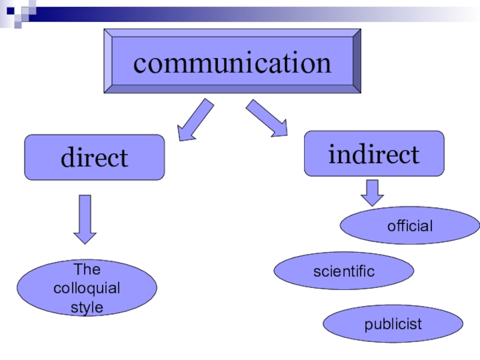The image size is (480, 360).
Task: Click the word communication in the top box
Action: coord(232,62)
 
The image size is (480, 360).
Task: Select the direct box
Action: coord(94,157)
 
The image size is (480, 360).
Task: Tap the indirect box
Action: coord(374,154)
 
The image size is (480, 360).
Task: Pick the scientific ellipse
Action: coord(344,271)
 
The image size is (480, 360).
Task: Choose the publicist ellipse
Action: coord(393,325)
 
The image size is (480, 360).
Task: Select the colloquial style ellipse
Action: coord(87,288)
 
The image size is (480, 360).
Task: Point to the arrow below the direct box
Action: coord(85,218)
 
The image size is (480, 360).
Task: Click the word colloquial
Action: coord(87,289)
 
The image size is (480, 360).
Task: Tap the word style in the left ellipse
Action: coord(87,308)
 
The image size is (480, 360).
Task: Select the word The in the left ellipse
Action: coord(87,269)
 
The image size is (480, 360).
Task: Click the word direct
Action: coord(94,158)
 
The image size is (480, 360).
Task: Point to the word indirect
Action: coord(374,154)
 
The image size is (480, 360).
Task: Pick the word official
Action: coord(410,226)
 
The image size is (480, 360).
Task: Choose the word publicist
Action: coord(393,325)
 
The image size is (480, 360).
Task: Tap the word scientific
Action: coord(344,272)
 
